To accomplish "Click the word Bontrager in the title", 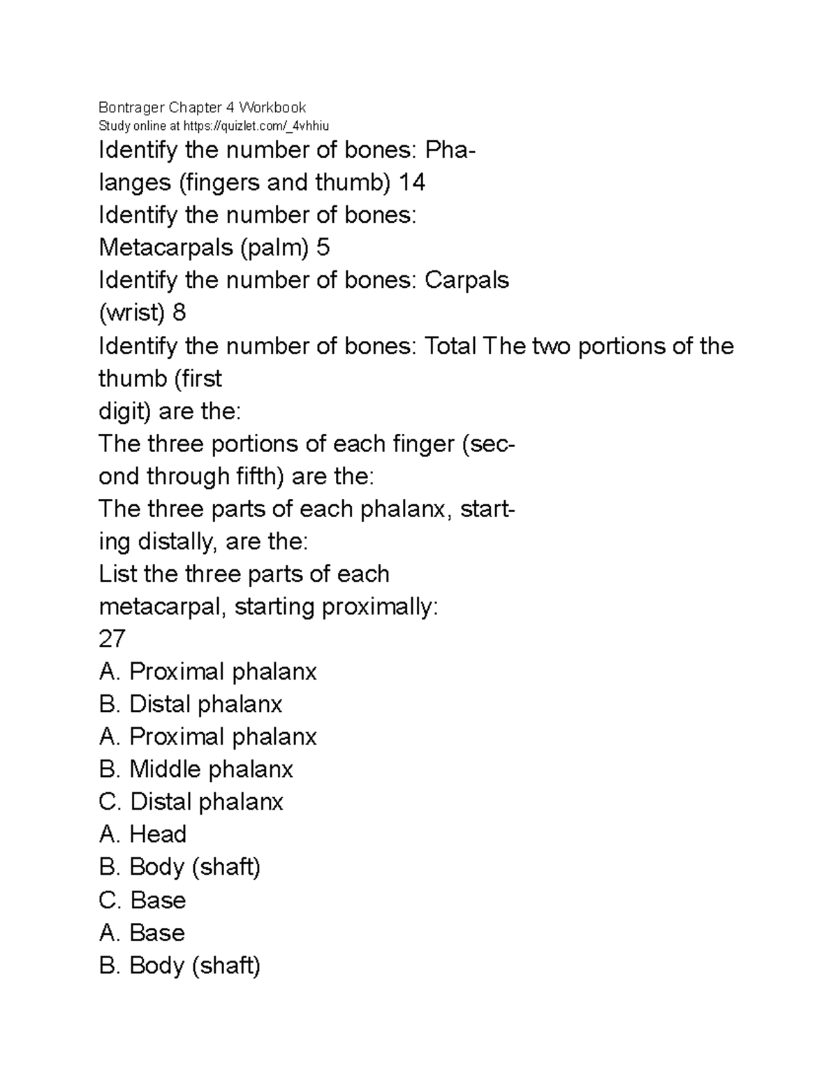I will pos(131,108).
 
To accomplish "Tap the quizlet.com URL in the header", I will pos(255,126).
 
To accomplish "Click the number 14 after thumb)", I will pos(411,182).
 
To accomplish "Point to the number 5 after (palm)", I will pos(323,247).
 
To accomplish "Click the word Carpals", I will pos(466,280).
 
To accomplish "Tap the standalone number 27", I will pos(112,639).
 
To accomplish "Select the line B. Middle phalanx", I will pos(196,769).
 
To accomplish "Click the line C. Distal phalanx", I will pos(191,802).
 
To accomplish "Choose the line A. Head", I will pos(142,834).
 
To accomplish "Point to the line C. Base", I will pos(142,900).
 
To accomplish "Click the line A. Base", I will pos(142,933).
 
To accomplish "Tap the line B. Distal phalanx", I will pos(190,704).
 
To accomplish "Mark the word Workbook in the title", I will pos(272,108).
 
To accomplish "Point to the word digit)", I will pos(125,412).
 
